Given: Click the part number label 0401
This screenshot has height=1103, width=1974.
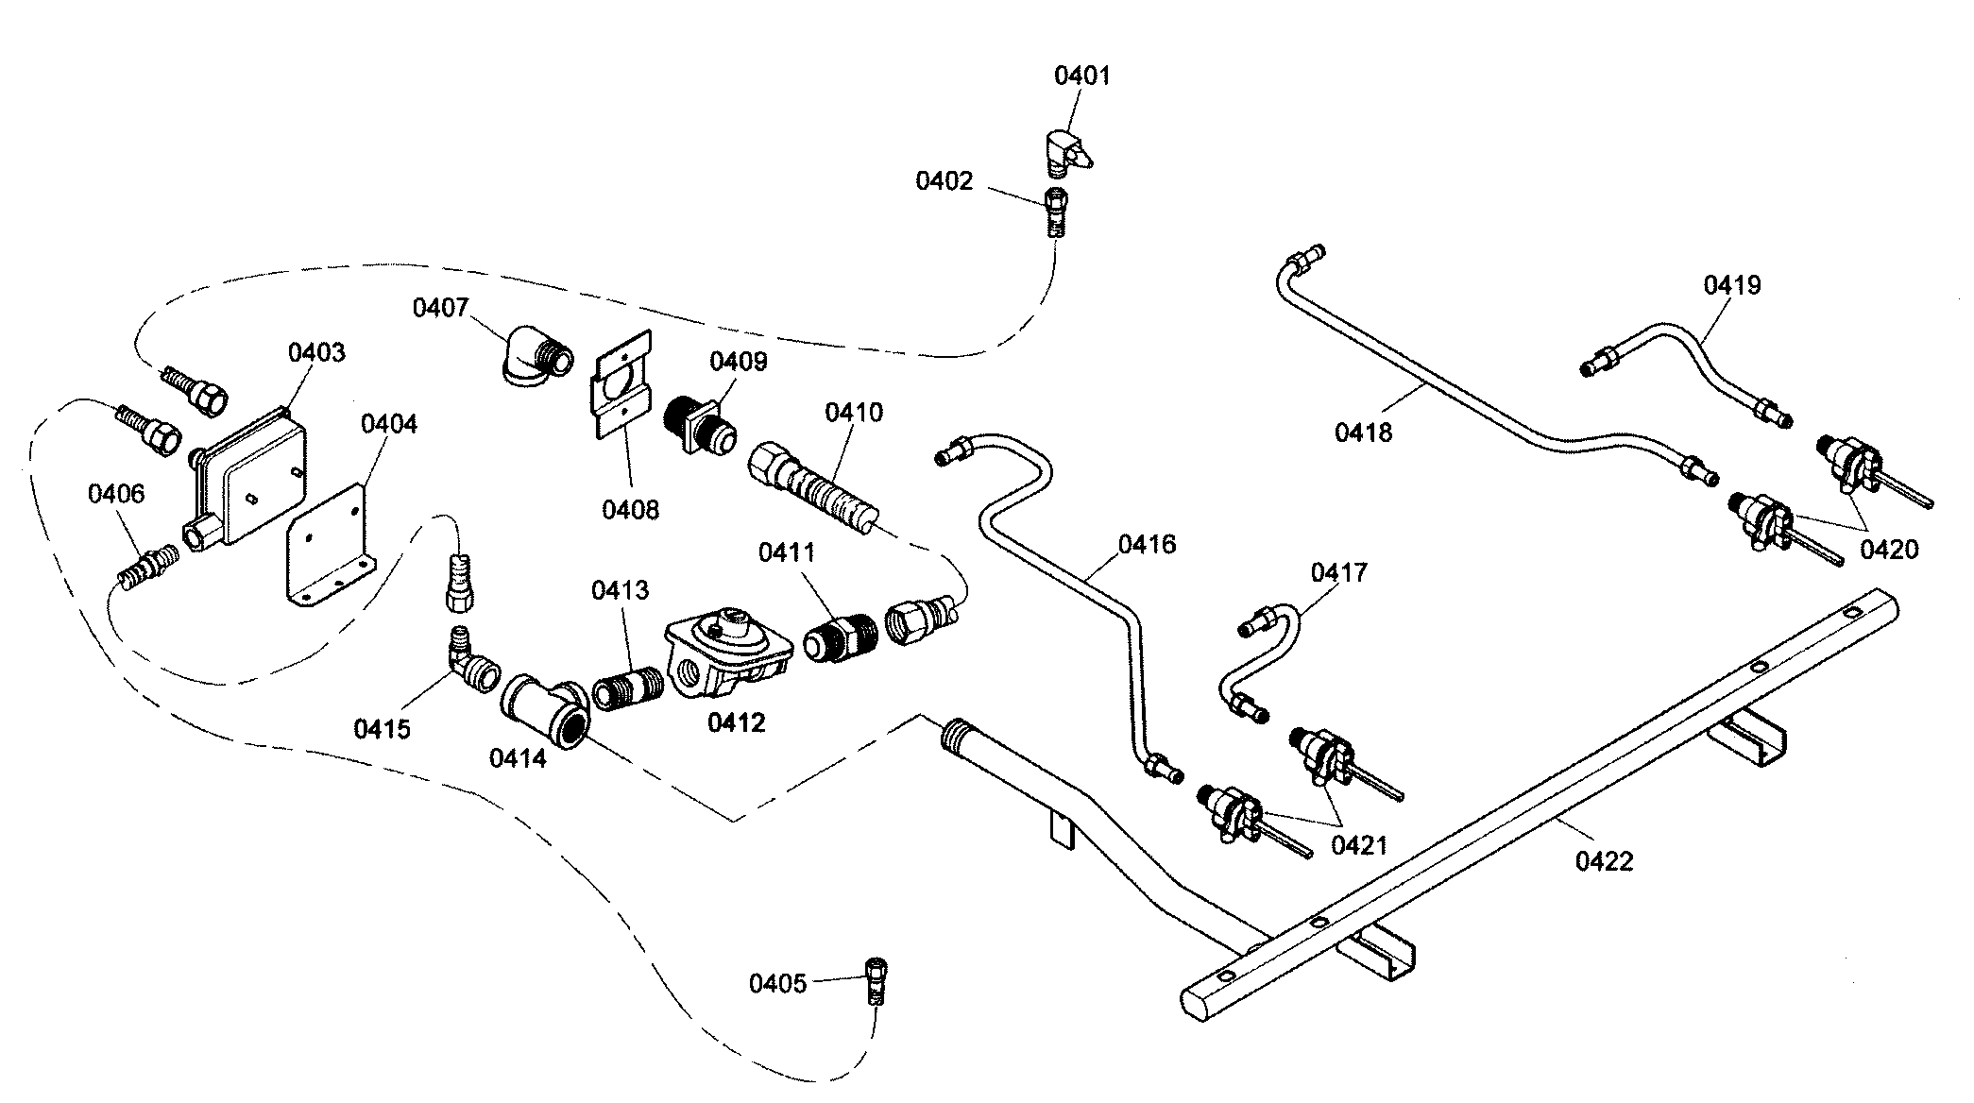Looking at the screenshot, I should [1082, 76].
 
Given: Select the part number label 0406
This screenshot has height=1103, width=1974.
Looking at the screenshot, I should [116, 494].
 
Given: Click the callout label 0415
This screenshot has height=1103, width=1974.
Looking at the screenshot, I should [382, 728].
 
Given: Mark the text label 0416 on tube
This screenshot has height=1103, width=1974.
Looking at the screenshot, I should [1148, 544].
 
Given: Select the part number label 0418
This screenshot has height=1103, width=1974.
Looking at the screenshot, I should [1363, 433].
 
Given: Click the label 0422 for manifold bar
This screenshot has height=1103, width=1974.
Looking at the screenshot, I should [1604, 860].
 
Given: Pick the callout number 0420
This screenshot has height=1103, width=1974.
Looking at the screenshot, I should [1889, 550].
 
